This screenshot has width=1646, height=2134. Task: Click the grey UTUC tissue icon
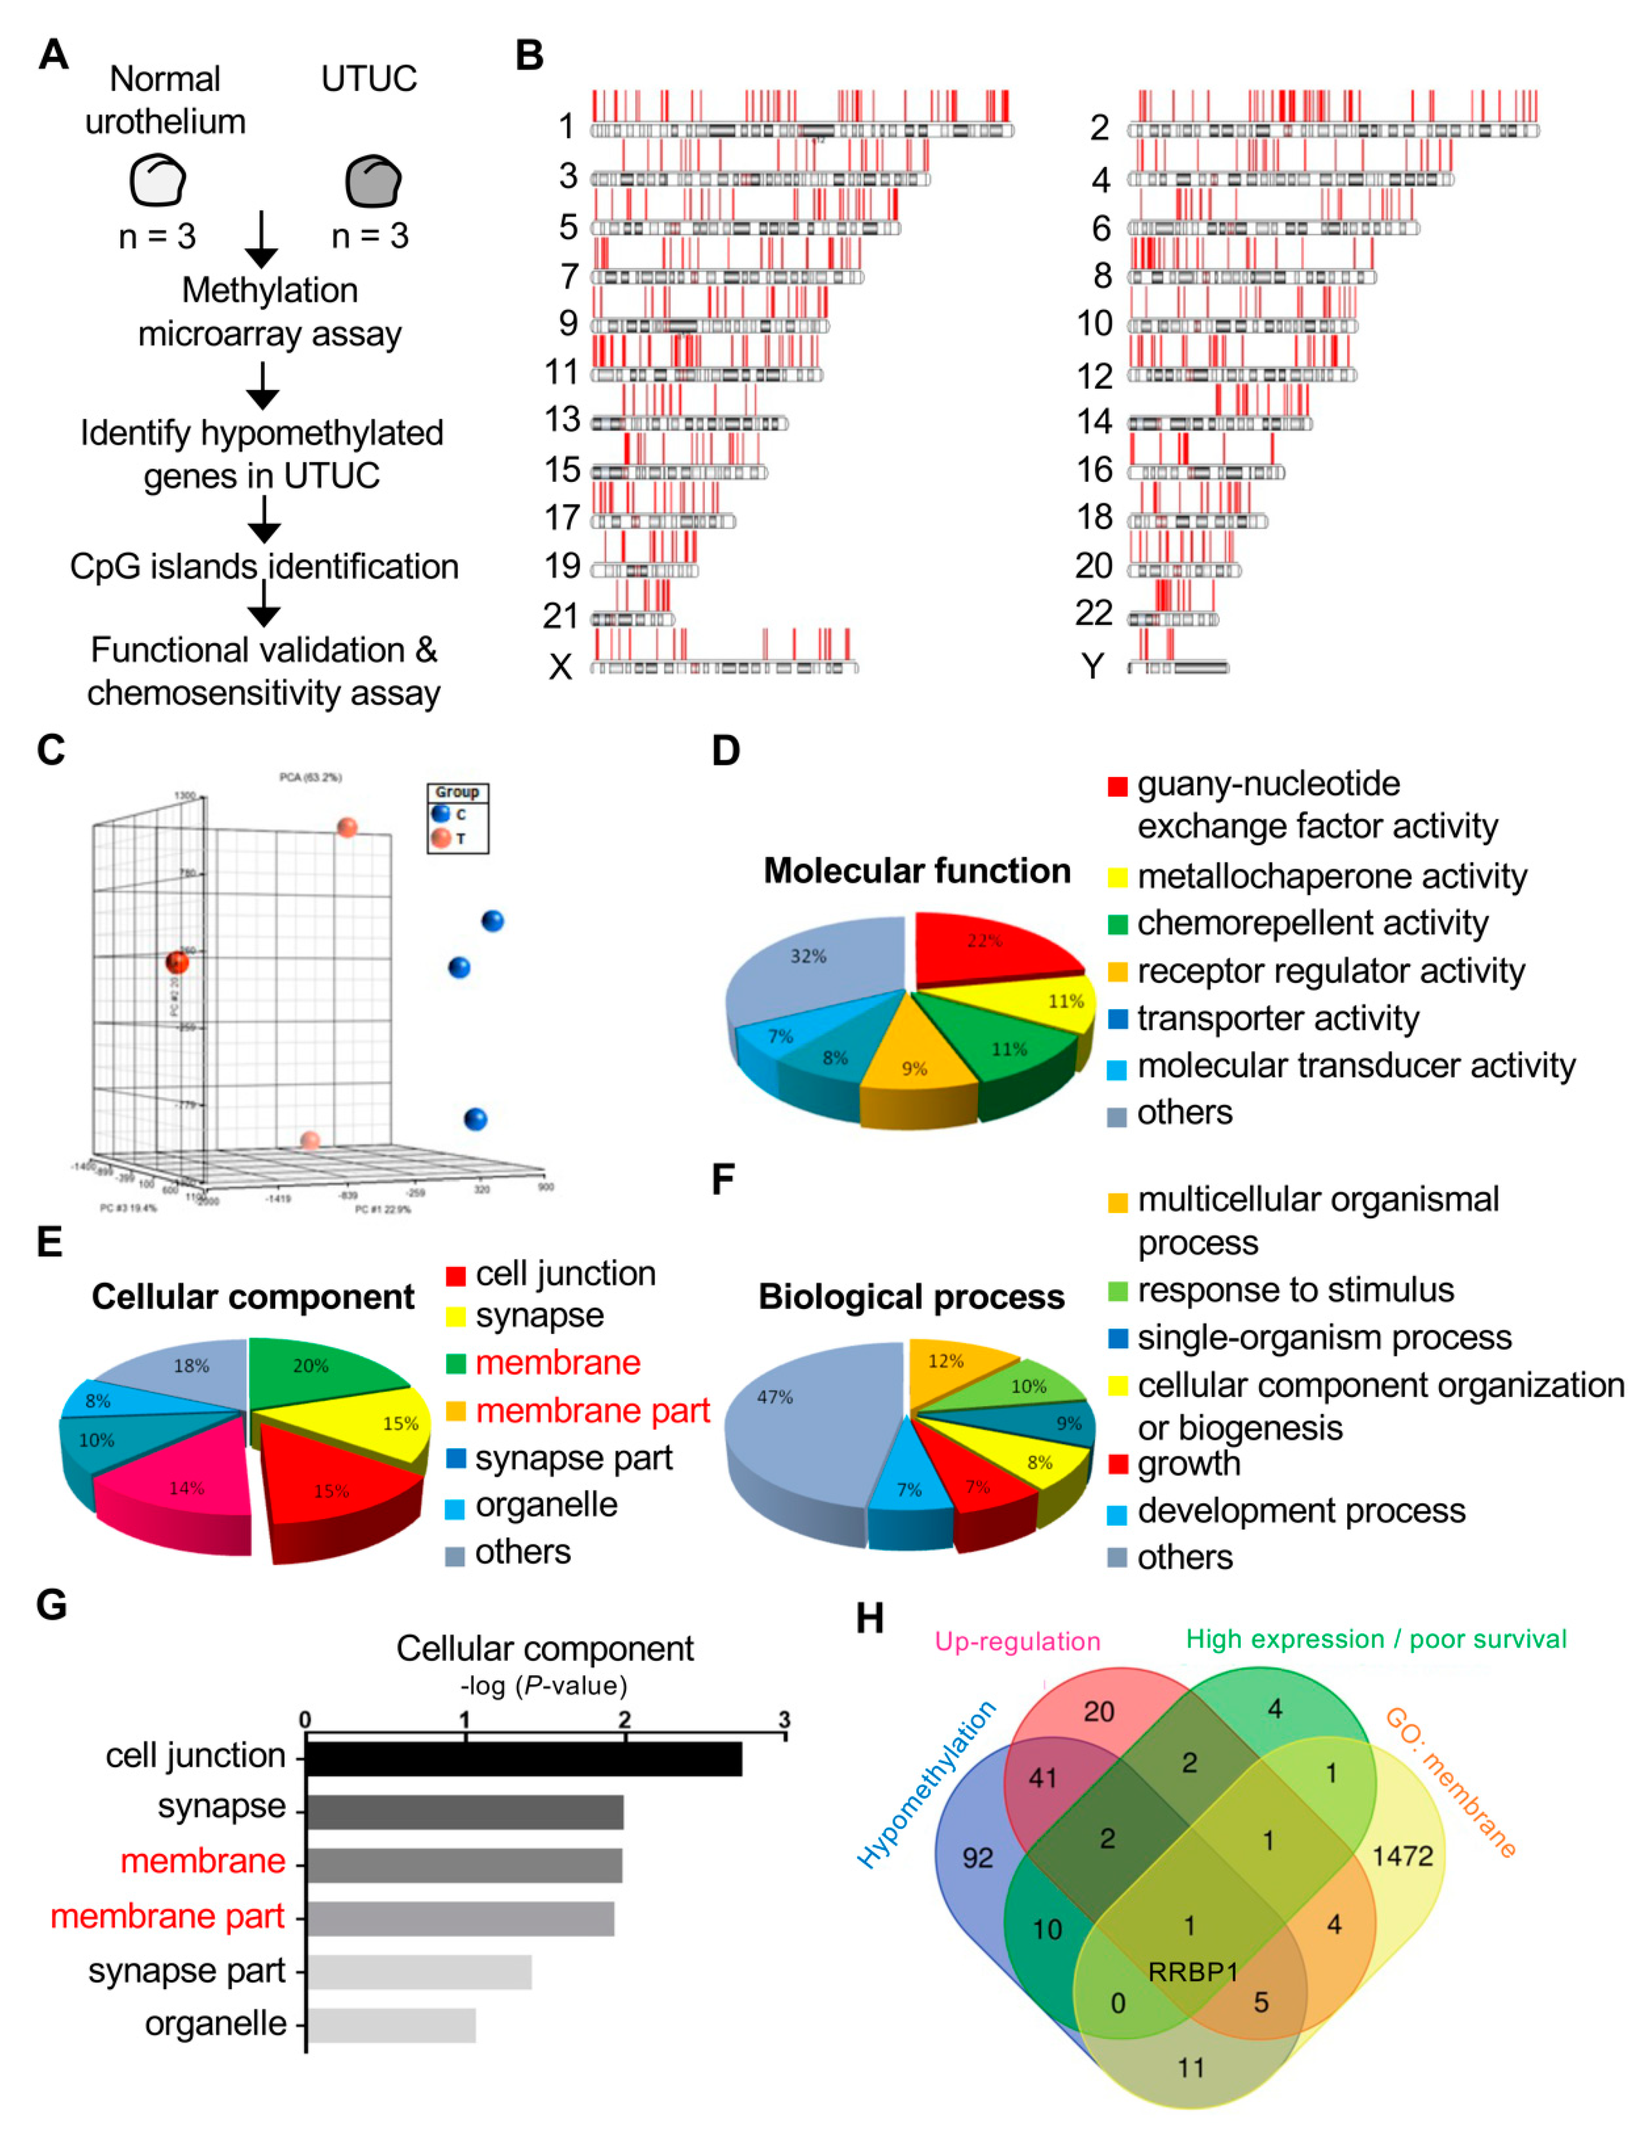tap(372, 181)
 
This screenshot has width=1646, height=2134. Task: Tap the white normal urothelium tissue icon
tap(157, 181)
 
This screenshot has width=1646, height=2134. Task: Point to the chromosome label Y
tap(1092, 666)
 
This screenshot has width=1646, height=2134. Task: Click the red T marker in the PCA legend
tap(440, 838)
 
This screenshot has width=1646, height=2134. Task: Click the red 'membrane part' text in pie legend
tap(592, 1411)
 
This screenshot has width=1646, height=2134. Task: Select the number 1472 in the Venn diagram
tap(1402, 1856)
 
